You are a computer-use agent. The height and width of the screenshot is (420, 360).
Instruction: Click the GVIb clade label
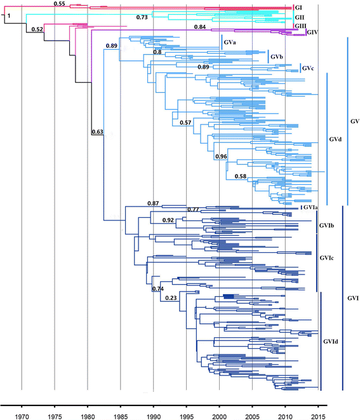(x=324, y=226)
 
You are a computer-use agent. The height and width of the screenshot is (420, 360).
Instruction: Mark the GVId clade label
(x=331, y=342)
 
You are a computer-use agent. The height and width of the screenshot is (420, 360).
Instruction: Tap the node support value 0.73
(x=142, y=17)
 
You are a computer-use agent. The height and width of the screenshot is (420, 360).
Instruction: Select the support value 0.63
(x=97, y=132)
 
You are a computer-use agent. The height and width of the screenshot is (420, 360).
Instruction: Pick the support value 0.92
(x=168, y=220)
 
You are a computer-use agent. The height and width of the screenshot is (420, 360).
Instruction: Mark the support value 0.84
(x=199, y=27)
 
